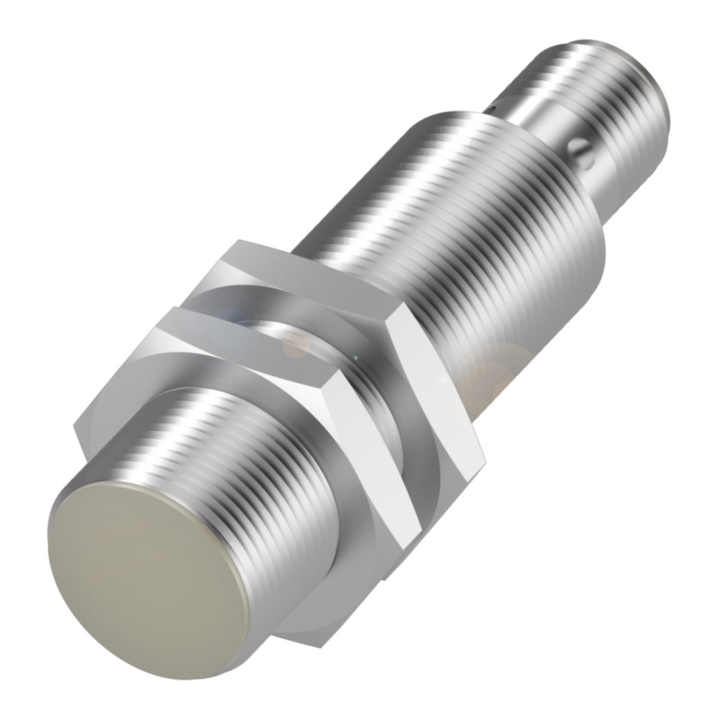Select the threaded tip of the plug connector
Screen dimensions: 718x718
[x=598, y=60]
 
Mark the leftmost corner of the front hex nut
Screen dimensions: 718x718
[x=75, y=427]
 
